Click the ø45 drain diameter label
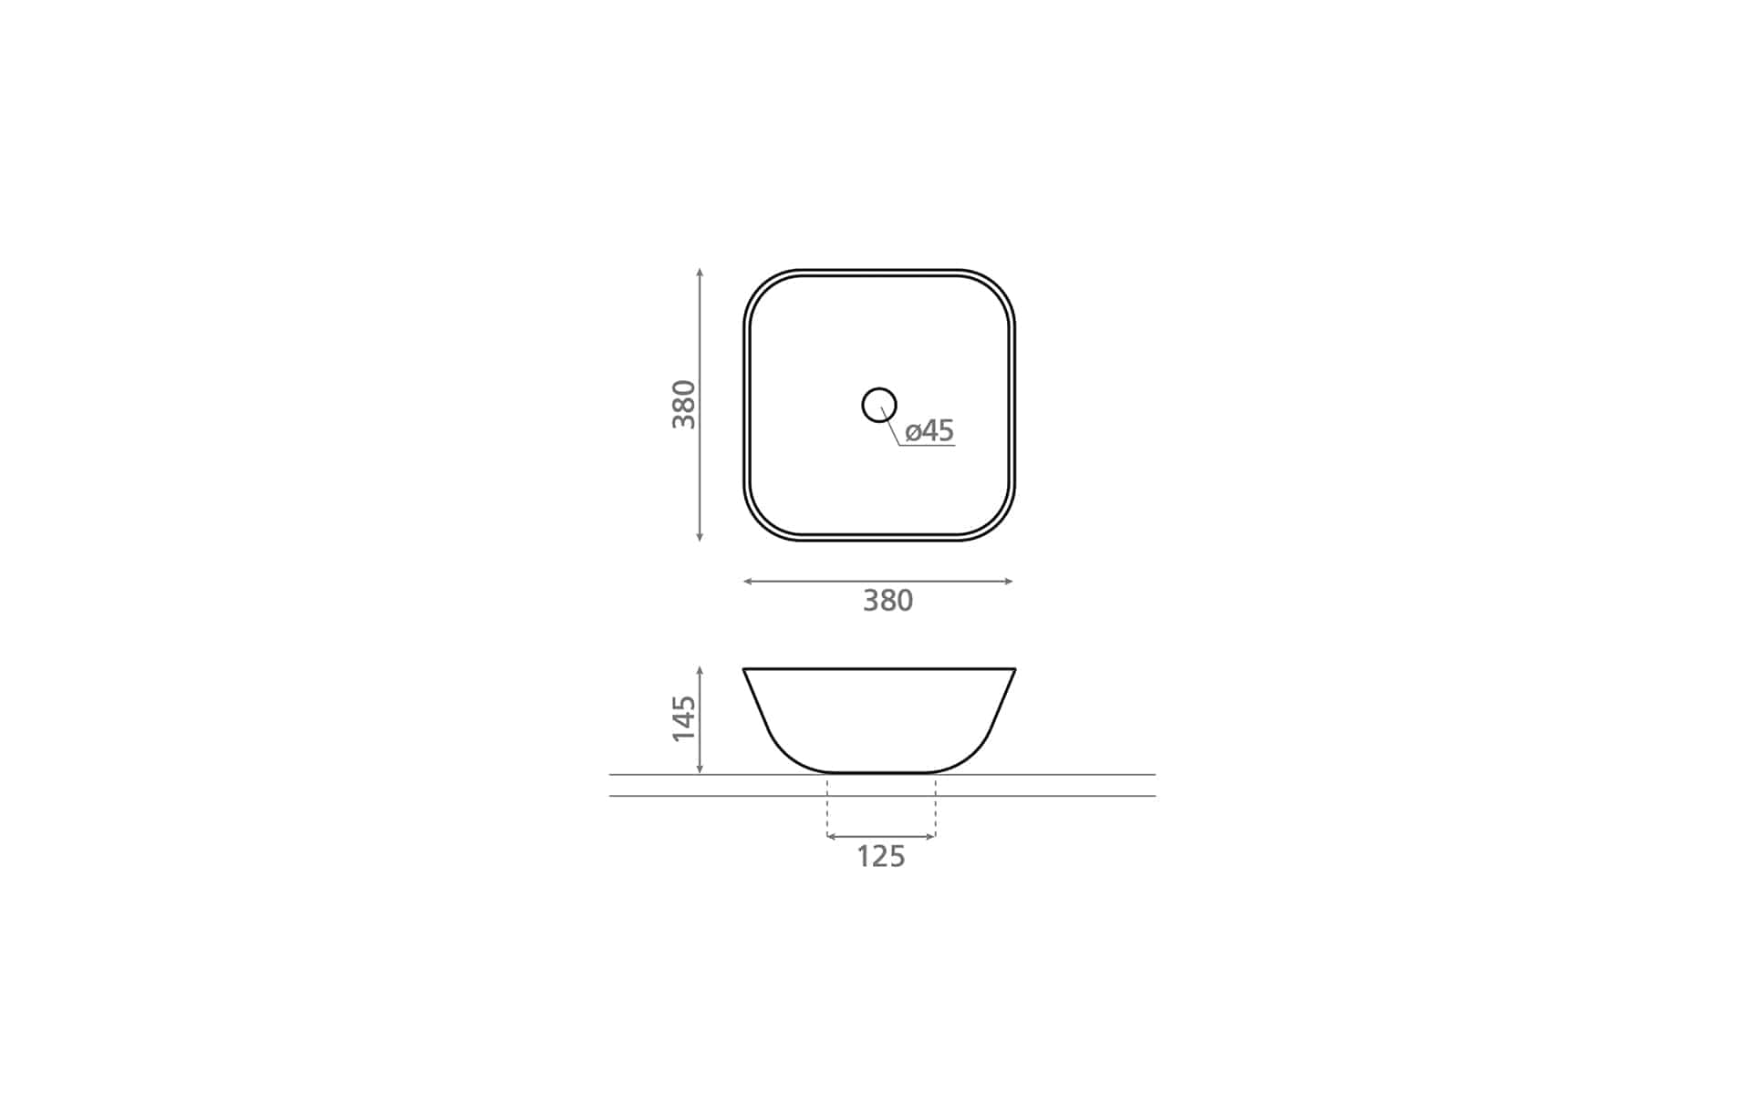click(929, 430)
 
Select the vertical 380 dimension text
click(684, 405)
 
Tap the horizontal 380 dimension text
click(887, 601)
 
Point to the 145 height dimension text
click(684, 718)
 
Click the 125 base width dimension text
click(880, 857)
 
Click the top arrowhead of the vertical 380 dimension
click(700, 272)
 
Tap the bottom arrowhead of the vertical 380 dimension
click(700, 538)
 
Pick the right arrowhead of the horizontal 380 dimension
click(1009, 582)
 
